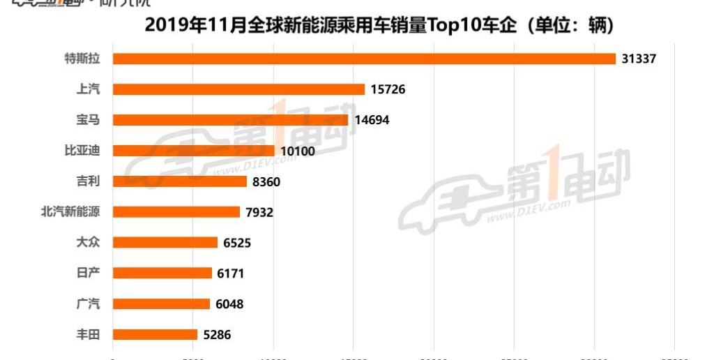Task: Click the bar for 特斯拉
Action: [364, 59]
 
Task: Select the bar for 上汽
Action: [238, 89]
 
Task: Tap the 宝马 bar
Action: [230, 120]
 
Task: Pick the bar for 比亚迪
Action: [194, 151]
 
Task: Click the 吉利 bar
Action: [180, 181]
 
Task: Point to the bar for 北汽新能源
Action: [176, 212]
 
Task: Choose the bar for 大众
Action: [165, 243]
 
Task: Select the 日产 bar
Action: [162, 273]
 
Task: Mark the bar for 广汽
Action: [161, 304]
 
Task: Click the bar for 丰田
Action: [155, 335]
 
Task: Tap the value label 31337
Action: [639, 59]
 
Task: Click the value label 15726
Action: [388, 89]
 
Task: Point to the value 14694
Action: [372, 120]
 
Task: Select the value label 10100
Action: [298, 151]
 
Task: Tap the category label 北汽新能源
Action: [70, 212]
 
